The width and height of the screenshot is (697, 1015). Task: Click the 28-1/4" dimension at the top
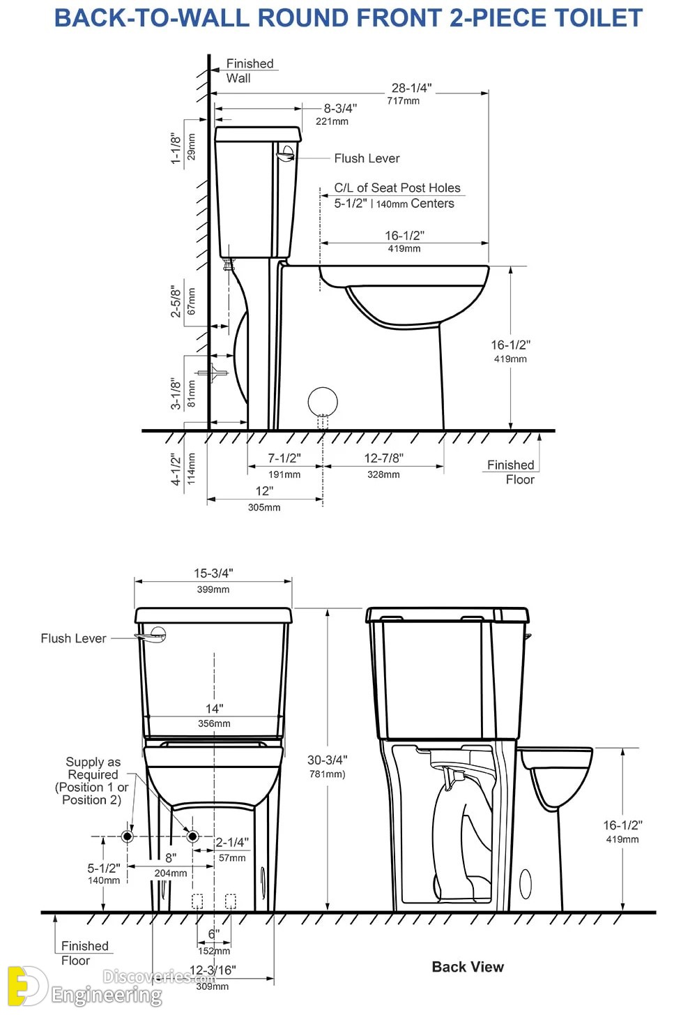pos(411,89)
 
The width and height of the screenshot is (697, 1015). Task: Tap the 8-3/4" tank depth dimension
pos(339,109)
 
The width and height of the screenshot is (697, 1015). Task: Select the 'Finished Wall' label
pos(249,70)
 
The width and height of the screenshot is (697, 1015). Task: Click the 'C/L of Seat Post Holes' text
pos(397,188)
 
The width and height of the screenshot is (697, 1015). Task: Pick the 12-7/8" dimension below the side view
pos(383,458)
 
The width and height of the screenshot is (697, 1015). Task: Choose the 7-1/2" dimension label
pos(284,458)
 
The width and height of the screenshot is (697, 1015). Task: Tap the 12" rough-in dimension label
pos(264,491)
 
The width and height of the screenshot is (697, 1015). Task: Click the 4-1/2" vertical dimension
pos(176,469)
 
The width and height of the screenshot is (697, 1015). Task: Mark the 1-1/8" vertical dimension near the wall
pos(176,149)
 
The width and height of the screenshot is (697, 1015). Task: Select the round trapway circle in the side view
pos(323,402)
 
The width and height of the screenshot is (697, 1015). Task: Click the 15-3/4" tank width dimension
pos(213,573)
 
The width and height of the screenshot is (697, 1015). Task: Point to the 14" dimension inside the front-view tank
pos(214,709)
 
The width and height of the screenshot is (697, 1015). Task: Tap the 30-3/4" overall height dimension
pos(327,760)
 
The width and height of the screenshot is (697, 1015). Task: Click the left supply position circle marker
pos(128,836)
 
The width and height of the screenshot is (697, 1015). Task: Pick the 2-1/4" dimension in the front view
pos(231,843)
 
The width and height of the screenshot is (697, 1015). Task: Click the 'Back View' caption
pos(468,967)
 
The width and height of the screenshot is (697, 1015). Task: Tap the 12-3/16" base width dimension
pos(213,970)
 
